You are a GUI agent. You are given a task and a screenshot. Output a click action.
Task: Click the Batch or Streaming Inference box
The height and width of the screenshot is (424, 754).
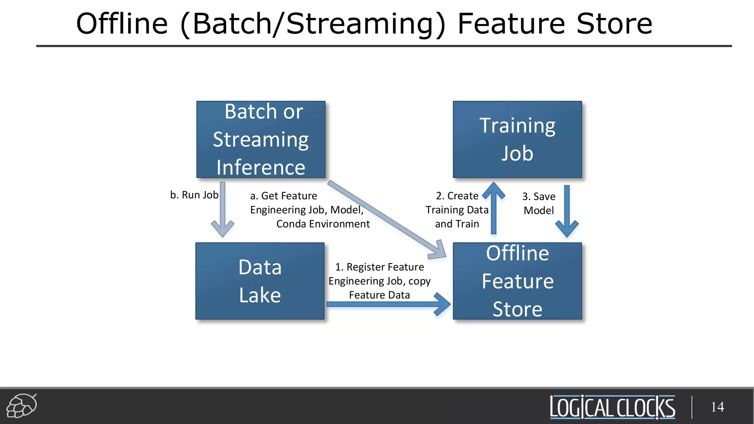[261, 139]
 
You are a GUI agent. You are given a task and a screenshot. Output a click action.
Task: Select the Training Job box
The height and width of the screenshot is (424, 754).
[517, 139]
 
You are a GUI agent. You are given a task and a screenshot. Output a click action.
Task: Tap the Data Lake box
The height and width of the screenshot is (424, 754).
[260, 281]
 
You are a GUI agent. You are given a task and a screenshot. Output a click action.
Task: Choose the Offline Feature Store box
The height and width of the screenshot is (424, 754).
[517, 281]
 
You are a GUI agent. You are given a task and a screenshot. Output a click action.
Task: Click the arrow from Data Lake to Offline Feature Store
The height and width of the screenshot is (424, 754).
[387, 304]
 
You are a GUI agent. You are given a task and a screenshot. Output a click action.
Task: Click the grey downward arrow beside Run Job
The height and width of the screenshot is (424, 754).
[222, 210]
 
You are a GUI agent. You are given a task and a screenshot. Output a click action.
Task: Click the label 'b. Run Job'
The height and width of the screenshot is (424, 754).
[194, 195]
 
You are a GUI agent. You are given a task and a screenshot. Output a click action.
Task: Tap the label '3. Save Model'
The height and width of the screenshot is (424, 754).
[539, 203]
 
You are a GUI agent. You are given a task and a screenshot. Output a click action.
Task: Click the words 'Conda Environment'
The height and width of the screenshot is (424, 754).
[323, 224]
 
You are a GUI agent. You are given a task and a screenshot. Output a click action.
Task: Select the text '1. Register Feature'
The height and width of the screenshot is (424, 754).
[379, 267]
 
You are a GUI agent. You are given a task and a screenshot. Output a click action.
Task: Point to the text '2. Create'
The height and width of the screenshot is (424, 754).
[457, 196]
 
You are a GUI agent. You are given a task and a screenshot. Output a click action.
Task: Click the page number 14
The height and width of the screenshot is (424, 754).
[717, 407]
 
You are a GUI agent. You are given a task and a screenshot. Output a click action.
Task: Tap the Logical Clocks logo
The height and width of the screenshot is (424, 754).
[612, 407]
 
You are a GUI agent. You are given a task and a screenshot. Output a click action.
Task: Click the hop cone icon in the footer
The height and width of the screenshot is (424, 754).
[22, 406]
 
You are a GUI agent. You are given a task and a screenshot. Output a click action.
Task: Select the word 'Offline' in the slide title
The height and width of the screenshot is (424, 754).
[122, 24]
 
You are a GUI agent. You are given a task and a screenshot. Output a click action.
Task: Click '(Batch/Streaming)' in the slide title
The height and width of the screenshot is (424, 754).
[313, 24]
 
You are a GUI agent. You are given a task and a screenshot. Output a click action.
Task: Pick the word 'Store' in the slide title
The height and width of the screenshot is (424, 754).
[614, 24]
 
